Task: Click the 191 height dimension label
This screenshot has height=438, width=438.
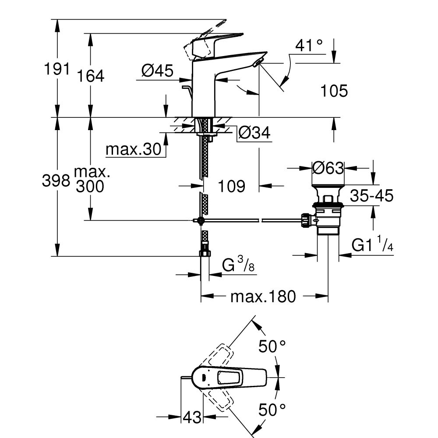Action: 56,69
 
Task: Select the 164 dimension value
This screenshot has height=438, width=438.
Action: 91,76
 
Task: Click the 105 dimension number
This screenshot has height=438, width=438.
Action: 334,91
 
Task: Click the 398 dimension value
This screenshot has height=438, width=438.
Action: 56,180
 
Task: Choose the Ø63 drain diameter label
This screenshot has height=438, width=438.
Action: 328,168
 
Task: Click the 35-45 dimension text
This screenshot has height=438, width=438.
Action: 372,196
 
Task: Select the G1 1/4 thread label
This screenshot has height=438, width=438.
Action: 372,246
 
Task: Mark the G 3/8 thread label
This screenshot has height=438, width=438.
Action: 237,265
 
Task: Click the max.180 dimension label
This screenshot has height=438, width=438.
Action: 263,297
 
